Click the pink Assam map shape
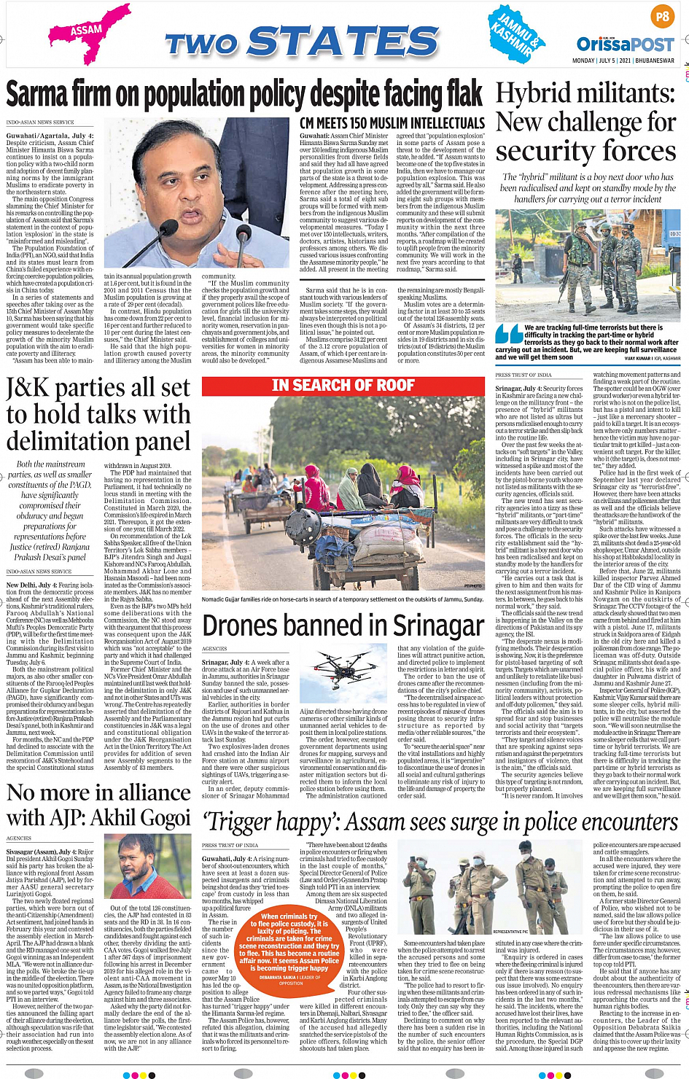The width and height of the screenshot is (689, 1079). tap(87, 33)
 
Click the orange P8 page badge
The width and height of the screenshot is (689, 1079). tap(662, 15)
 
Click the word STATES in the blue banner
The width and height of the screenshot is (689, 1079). tap(343, 42)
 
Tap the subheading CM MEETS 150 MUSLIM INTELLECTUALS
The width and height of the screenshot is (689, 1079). tap(392, 123)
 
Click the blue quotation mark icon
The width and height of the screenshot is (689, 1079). tap(507, 333)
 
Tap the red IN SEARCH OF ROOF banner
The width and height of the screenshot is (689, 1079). tap(343, 385)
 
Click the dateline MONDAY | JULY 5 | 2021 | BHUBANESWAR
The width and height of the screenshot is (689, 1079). tap(623, 61)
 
